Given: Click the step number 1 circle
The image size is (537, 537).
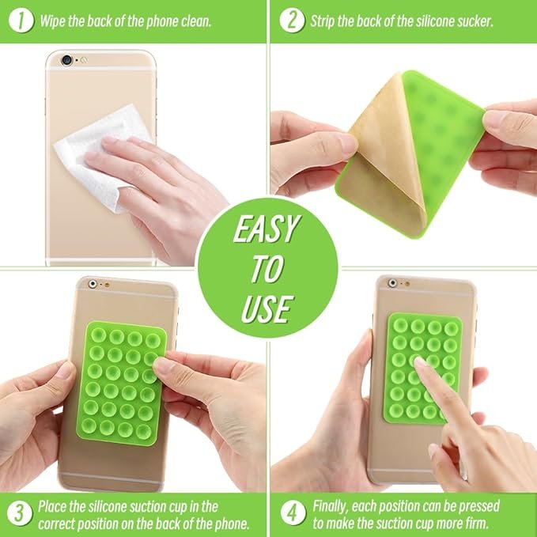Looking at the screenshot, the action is tap(21, 21).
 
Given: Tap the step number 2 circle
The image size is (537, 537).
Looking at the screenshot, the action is tap(292, 21).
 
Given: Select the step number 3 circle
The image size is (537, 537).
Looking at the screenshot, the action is tap(20, 513).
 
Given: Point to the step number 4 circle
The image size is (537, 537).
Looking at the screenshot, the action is tap(293, 513).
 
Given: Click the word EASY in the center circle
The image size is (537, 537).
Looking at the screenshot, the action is tap(267, 229).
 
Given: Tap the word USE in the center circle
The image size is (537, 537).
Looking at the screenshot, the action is tap(267, 309).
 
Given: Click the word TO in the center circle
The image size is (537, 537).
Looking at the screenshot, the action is tap(267, 269).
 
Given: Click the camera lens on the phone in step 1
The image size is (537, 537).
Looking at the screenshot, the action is tap(66, 60).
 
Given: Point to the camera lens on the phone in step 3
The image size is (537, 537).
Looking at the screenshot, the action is tap(93, 284).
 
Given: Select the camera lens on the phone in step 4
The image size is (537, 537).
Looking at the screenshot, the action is tap(392, 283).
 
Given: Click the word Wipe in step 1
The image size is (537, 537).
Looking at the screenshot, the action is tap(52, 21).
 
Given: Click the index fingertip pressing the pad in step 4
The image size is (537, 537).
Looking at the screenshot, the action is tap(419, 362).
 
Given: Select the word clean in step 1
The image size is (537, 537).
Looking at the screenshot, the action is tap(196, 21).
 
